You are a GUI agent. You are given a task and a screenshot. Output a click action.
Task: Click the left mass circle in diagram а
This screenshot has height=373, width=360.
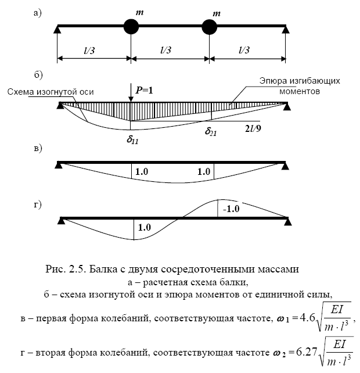pos(131,27)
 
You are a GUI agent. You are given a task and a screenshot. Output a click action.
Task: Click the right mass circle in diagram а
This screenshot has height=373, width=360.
pos(209,27)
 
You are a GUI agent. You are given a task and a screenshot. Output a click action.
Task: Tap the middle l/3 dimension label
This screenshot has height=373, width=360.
pos(165,50)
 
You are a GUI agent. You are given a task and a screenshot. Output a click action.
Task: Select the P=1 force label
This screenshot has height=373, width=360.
pos(145,91)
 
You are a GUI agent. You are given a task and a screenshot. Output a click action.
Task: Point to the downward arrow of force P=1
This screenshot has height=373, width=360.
pos(131,93)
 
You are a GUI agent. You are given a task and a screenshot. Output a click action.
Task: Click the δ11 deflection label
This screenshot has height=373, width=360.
pos(132,139)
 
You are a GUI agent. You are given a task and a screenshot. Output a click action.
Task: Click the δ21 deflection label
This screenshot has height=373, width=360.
pos(211,131)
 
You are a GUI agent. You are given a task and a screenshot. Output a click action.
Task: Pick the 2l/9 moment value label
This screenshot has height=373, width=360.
pos(253,128)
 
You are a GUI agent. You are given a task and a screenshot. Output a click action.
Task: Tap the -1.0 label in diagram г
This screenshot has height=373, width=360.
pos(231,209)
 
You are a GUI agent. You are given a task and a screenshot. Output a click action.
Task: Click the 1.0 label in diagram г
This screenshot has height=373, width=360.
pos(145,227)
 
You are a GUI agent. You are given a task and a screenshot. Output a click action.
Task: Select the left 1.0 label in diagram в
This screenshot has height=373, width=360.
pos(142,171)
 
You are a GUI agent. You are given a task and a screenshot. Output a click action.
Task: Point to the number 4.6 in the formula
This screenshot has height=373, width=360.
pos(307,318)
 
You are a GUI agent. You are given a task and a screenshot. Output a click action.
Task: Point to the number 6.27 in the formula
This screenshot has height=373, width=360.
pos(307,352)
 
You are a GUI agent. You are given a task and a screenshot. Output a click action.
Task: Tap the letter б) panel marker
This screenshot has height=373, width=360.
pos(38,74)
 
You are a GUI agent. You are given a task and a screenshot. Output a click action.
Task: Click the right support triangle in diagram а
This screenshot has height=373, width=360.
pos(286,30)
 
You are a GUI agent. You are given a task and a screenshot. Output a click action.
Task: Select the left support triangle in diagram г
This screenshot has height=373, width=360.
pos(62,221)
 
